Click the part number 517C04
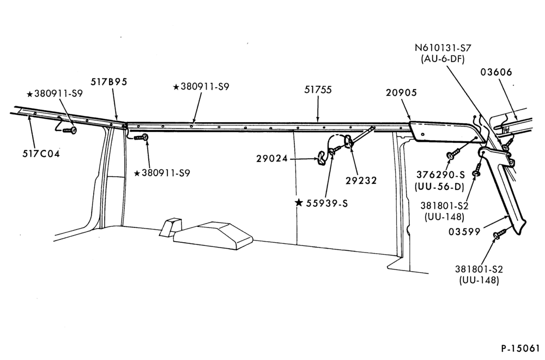[41, 153]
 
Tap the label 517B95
[109, 82]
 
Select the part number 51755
[318, 90]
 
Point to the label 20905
[401, 93]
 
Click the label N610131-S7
[443, 47]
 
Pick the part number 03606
[496, 72]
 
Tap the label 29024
[272, 159]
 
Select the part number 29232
[361, 181]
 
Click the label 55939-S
[326, 203]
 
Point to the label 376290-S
[440, 175]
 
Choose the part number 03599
[464, 232]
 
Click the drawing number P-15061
[520, 348]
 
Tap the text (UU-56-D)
[439, 187]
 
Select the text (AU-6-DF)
[443, 59]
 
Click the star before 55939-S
[299, 202]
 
